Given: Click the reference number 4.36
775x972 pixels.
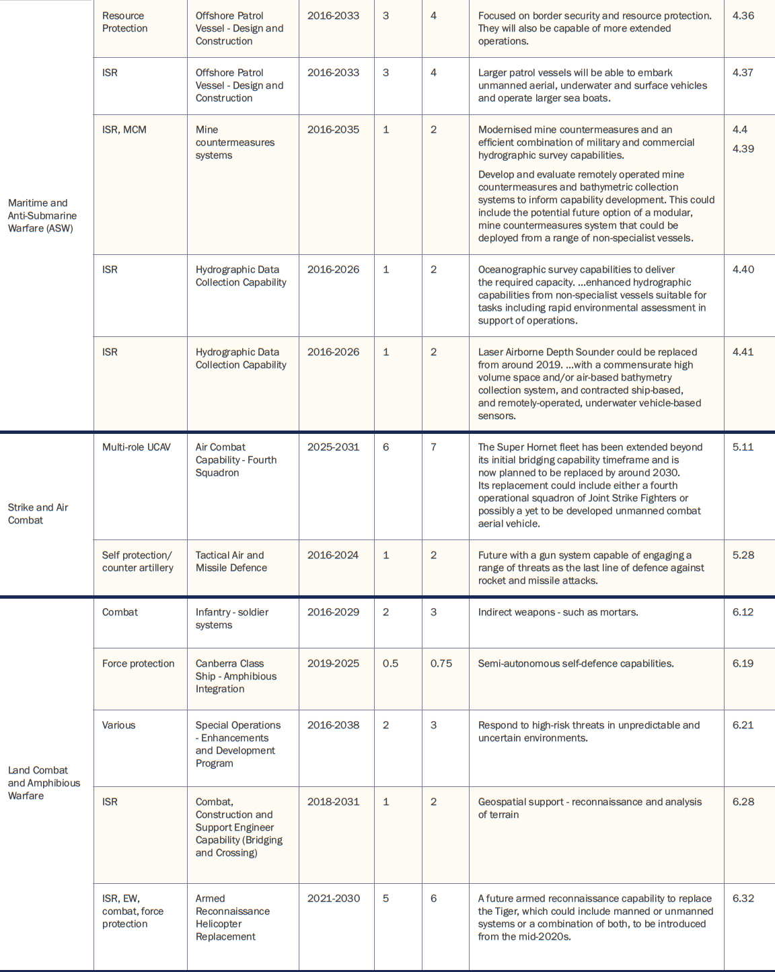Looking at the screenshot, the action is tap(743, 15).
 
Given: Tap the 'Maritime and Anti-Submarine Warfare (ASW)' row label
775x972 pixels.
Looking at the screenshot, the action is tap(42, 215).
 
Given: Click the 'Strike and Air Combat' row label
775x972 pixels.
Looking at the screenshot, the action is tap(38, 514).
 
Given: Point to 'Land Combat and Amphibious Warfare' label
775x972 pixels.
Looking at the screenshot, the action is tap(44, 783).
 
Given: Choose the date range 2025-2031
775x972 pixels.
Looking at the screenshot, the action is tap(333, 447).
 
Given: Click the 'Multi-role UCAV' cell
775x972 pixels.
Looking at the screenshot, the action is tap(137, 447).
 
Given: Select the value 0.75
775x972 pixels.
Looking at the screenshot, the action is tap(441, 663).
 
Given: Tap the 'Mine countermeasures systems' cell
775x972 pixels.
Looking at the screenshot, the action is tap(235, 143).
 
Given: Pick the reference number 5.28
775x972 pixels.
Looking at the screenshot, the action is tap(743, 555).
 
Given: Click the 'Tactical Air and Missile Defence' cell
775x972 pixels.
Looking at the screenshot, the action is tap(231, 562).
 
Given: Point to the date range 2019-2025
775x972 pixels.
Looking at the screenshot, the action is tap(333, 663).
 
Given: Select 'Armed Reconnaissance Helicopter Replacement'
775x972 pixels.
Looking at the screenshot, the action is tap(232, 918).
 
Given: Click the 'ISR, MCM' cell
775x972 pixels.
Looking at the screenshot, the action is tap(124, 130).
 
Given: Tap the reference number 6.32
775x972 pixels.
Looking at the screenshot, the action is tap(743, 899).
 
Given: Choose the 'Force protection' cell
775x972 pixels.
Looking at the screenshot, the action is tap(138, 663).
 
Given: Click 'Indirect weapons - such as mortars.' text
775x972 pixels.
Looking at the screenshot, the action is tap(558, 612).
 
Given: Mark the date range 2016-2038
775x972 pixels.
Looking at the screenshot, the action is tap(333, 725).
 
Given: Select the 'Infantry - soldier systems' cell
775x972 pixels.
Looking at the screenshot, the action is tap(231, 619).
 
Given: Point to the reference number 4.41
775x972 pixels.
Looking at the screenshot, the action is tap(743, 352).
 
